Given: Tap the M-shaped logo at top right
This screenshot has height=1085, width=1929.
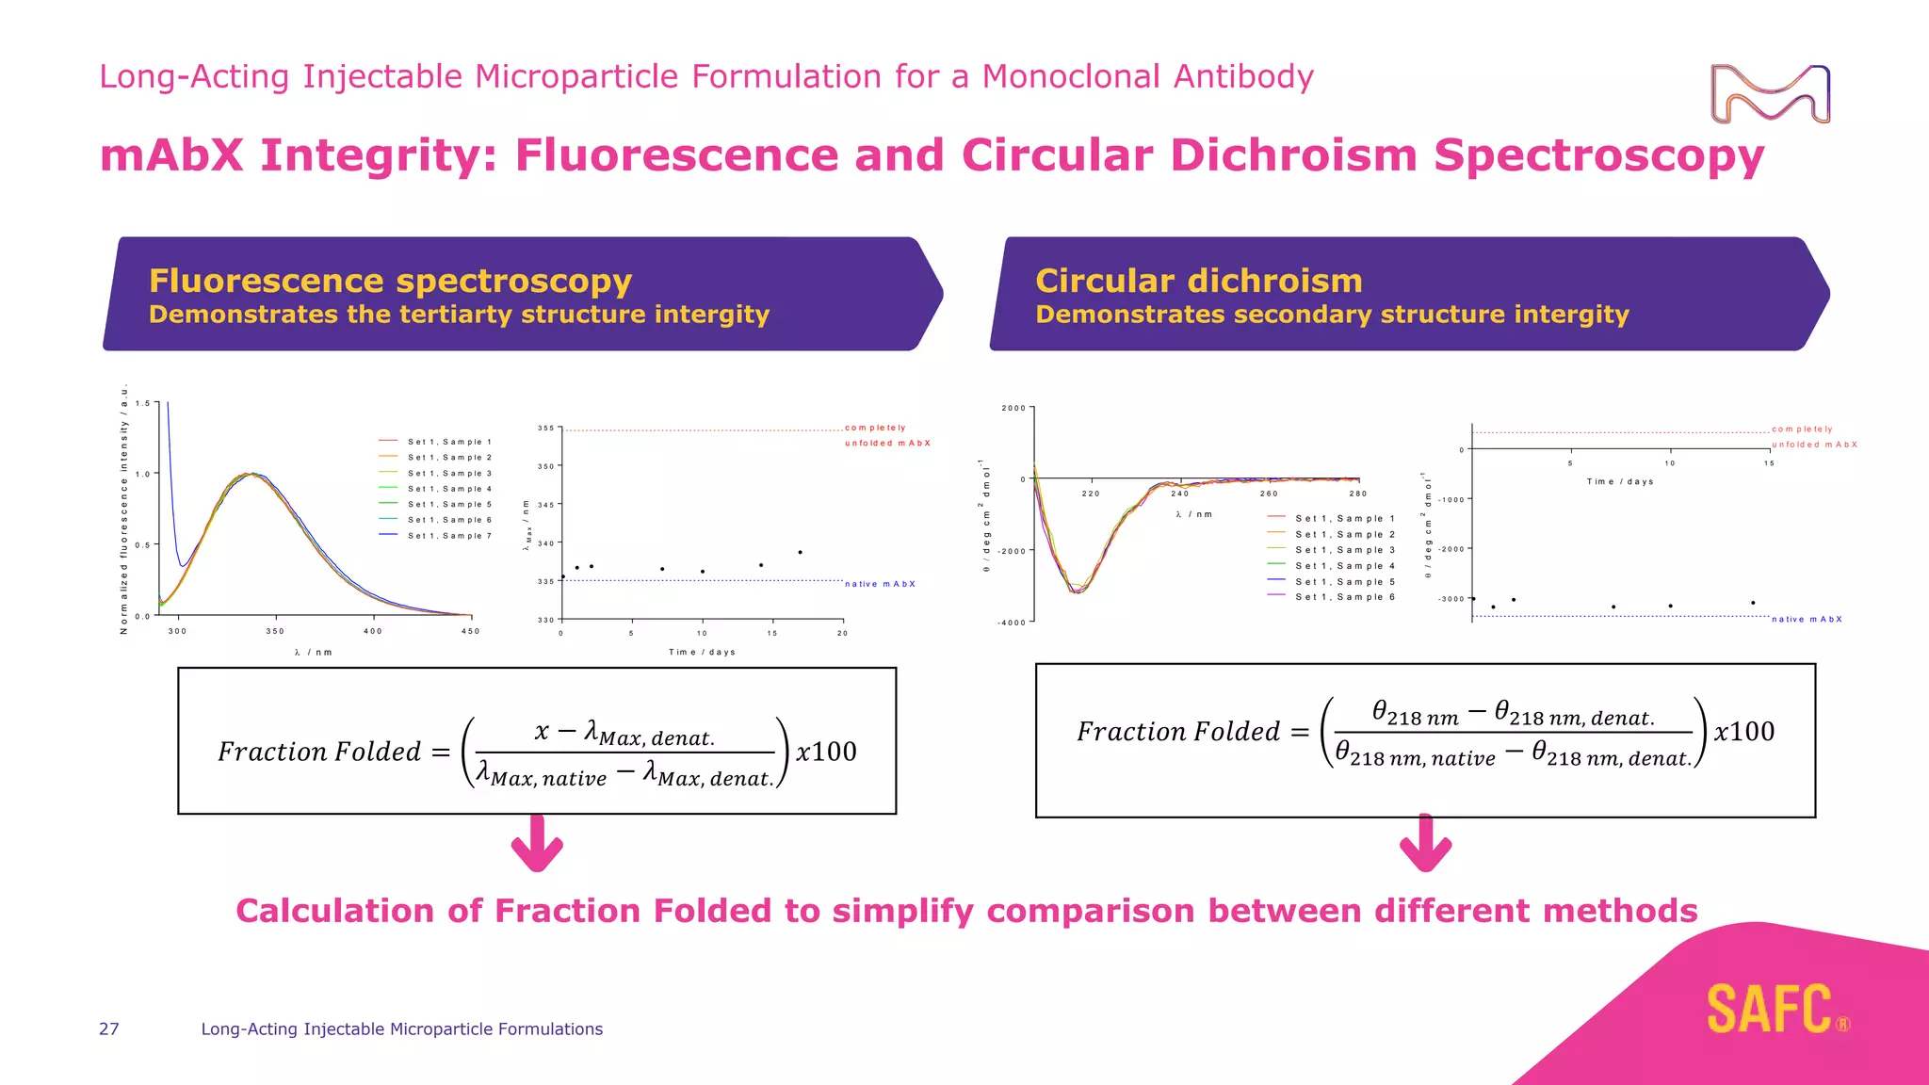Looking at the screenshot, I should (1770, 94).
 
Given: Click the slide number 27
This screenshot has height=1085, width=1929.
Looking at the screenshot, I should (109, 1028).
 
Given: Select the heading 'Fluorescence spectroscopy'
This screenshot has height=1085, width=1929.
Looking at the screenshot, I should (390, 281).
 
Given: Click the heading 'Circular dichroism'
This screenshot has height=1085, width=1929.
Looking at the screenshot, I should (1198, 281).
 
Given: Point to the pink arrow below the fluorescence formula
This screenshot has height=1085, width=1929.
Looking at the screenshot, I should (537, 844).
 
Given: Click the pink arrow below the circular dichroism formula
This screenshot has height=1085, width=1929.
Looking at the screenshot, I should (1425, 844).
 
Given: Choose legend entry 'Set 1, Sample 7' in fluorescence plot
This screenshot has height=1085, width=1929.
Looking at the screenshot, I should (449, 536).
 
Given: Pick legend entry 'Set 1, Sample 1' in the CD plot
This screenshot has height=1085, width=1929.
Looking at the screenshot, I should (1344, 519).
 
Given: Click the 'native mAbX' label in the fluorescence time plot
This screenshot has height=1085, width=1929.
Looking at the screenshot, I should (880, 584).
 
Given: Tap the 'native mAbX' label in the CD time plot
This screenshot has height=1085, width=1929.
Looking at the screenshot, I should (1807, 620).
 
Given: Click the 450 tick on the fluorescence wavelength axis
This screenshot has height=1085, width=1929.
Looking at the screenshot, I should (470, 631).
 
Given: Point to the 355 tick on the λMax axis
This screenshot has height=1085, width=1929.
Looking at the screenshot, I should (546, 429).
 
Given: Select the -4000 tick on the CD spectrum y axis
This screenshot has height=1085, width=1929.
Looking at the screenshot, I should (1013, 623).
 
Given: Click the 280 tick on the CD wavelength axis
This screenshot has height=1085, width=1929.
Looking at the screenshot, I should (1357, 494).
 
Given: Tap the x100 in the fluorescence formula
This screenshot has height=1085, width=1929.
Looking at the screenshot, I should (826, 752).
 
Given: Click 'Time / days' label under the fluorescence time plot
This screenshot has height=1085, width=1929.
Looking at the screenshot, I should (702, 652).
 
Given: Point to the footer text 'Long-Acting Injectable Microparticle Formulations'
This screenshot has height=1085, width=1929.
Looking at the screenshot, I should (401, 1028).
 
